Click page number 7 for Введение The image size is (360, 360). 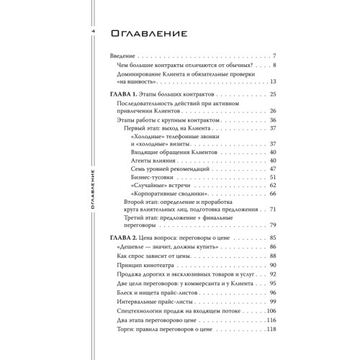(275, 55)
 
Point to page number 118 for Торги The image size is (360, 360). (271, 330)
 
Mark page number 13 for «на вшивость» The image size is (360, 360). (273, 81)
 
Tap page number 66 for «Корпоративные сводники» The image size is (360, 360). (273, 194)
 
